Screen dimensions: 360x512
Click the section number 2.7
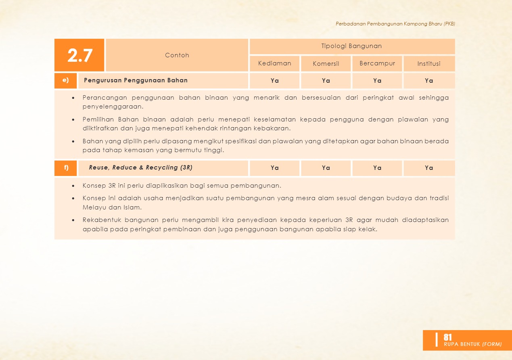tap(80, 55)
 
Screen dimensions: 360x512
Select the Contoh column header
tap(177, 55)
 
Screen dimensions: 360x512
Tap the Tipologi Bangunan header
tap(351, 46)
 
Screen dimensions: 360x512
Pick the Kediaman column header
tap(274, 63)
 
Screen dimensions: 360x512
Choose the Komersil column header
tap(326, 64)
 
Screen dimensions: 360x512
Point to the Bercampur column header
tap(377, 63)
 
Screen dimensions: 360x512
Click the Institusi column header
tap(428, 64)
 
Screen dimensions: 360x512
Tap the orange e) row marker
tap(65, 80)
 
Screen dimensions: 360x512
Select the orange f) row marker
tap(65, 167)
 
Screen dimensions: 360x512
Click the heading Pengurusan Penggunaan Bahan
tap(136, 80)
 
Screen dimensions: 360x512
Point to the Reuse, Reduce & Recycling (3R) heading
tap(140, 167)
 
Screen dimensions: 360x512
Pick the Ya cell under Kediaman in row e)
tap(274, 81)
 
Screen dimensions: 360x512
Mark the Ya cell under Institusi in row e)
tap(428, 81)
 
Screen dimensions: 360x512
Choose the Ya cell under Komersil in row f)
tap(326, 168)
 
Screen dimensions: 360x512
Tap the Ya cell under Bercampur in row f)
tap(377, 168)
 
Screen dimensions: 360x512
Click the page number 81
tap(447, 337)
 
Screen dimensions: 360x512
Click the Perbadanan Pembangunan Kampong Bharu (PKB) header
tap(395, 24)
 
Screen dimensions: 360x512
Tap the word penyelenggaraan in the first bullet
tap(113, 107)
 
